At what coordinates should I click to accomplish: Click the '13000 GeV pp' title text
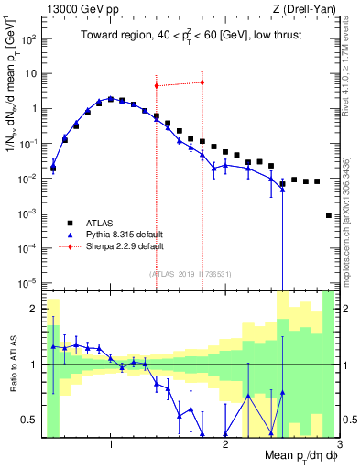pos(79,9)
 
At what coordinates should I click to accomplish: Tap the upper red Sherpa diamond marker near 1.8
pos(202,82)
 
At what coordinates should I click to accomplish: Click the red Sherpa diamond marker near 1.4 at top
pos(157,86)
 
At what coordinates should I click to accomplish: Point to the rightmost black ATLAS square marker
pos(329,215)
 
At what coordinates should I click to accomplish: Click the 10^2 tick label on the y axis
pos(29,40)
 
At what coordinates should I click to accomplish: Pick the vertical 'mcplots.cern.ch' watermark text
pos(351,220)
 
